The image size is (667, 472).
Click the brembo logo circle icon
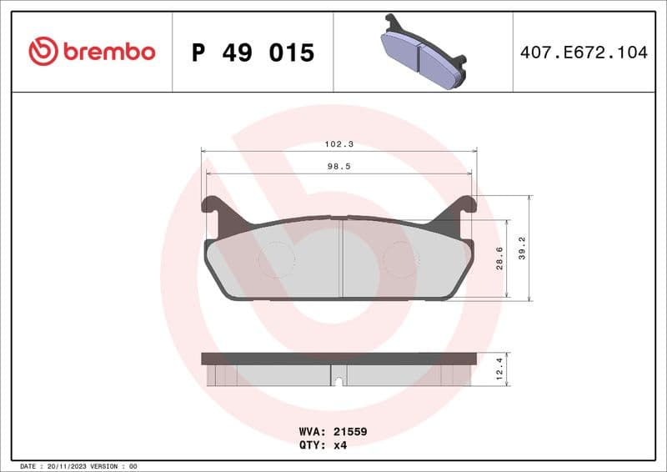coord(43,52)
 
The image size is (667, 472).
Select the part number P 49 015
coord(253,53)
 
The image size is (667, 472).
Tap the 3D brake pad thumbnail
coord(423,52)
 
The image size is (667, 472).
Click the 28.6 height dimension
coord(499,259)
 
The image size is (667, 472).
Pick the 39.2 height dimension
coord(522,248)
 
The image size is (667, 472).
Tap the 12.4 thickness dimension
coord(499,369)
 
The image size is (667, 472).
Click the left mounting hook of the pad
coord(213,206)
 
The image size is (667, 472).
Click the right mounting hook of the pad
coord(464,206)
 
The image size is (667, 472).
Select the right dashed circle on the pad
coord(400,260)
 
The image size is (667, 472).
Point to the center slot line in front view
coord(342,259)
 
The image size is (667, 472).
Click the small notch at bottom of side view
coord(339,382)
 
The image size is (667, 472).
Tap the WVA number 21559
coord(350,432)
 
